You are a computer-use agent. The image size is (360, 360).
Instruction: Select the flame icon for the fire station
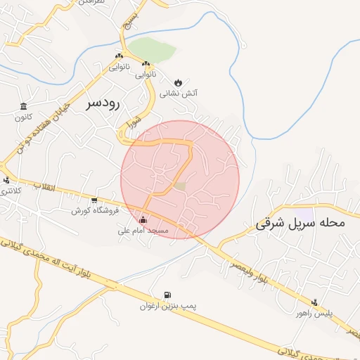coord(177,82)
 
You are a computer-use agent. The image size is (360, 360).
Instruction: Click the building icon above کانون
coord(25,107)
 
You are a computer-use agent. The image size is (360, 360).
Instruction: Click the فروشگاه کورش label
coord(95,210)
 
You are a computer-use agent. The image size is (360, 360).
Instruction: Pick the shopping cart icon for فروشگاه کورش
coord(94,200)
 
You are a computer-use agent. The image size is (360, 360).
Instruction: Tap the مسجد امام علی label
coord(143,230)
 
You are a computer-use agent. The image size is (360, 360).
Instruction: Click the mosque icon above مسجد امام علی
coord(144,219)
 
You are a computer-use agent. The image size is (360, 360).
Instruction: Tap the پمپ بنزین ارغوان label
coord(167,307)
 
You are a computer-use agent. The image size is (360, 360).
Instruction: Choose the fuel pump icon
coord(167,295)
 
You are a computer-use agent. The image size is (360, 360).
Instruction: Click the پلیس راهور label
coord(314,312)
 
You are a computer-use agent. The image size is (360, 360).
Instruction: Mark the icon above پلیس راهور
coord(314,302)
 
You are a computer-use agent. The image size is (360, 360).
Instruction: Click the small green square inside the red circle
coord(180,186)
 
